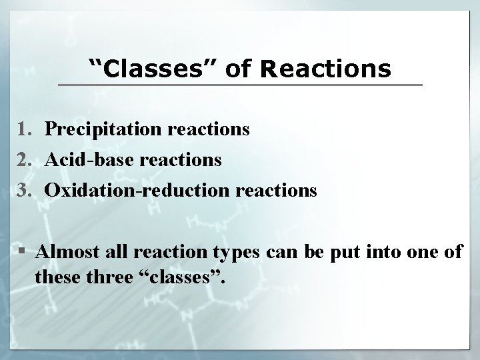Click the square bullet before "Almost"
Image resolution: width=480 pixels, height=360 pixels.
click(x=25, y=253)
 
